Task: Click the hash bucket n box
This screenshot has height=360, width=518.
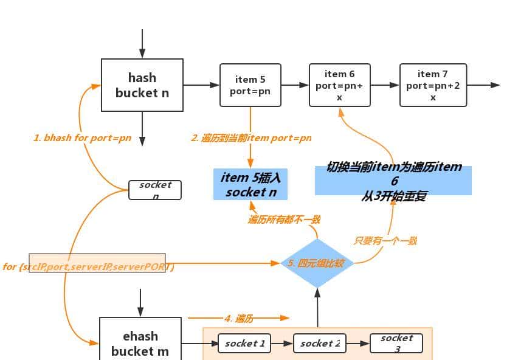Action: tap(142, 85)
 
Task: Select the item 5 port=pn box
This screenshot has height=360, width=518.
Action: tap(250, 85)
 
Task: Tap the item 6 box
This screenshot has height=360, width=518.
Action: tap(339, 85)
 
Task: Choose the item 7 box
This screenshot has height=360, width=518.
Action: tap(433, 85)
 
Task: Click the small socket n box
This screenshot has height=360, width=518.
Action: tap(155, 190)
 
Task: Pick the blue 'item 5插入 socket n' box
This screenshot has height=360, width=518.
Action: tap(250, 184)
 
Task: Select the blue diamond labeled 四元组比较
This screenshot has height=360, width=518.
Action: tap(317, 263)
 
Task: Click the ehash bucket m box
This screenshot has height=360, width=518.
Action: tap(140, 342)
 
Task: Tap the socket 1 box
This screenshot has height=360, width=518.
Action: tap(244, 343)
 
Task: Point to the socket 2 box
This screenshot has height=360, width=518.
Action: tap(320, 343)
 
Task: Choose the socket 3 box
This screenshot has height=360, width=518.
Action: tap(396, 343)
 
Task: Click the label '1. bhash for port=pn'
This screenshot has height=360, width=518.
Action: tap(82, 138)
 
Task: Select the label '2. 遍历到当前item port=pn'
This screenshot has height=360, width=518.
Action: tap(251, 138)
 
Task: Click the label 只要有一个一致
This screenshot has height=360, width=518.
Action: tap(385, 241)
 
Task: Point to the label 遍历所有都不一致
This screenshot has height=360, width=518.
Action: tap(283, 220)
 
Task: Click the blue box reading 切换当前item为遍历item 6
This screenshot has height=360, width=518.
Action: tap(393, 180)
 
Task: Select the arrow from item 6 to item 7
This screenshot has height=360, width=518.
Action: tap(384, 85)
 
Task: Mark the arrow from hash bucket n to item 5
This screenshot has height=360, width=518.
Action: tap(201, 85)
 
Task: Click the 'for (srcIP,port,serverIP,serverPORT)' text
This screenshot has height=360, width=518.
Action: tap(89, 267)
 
